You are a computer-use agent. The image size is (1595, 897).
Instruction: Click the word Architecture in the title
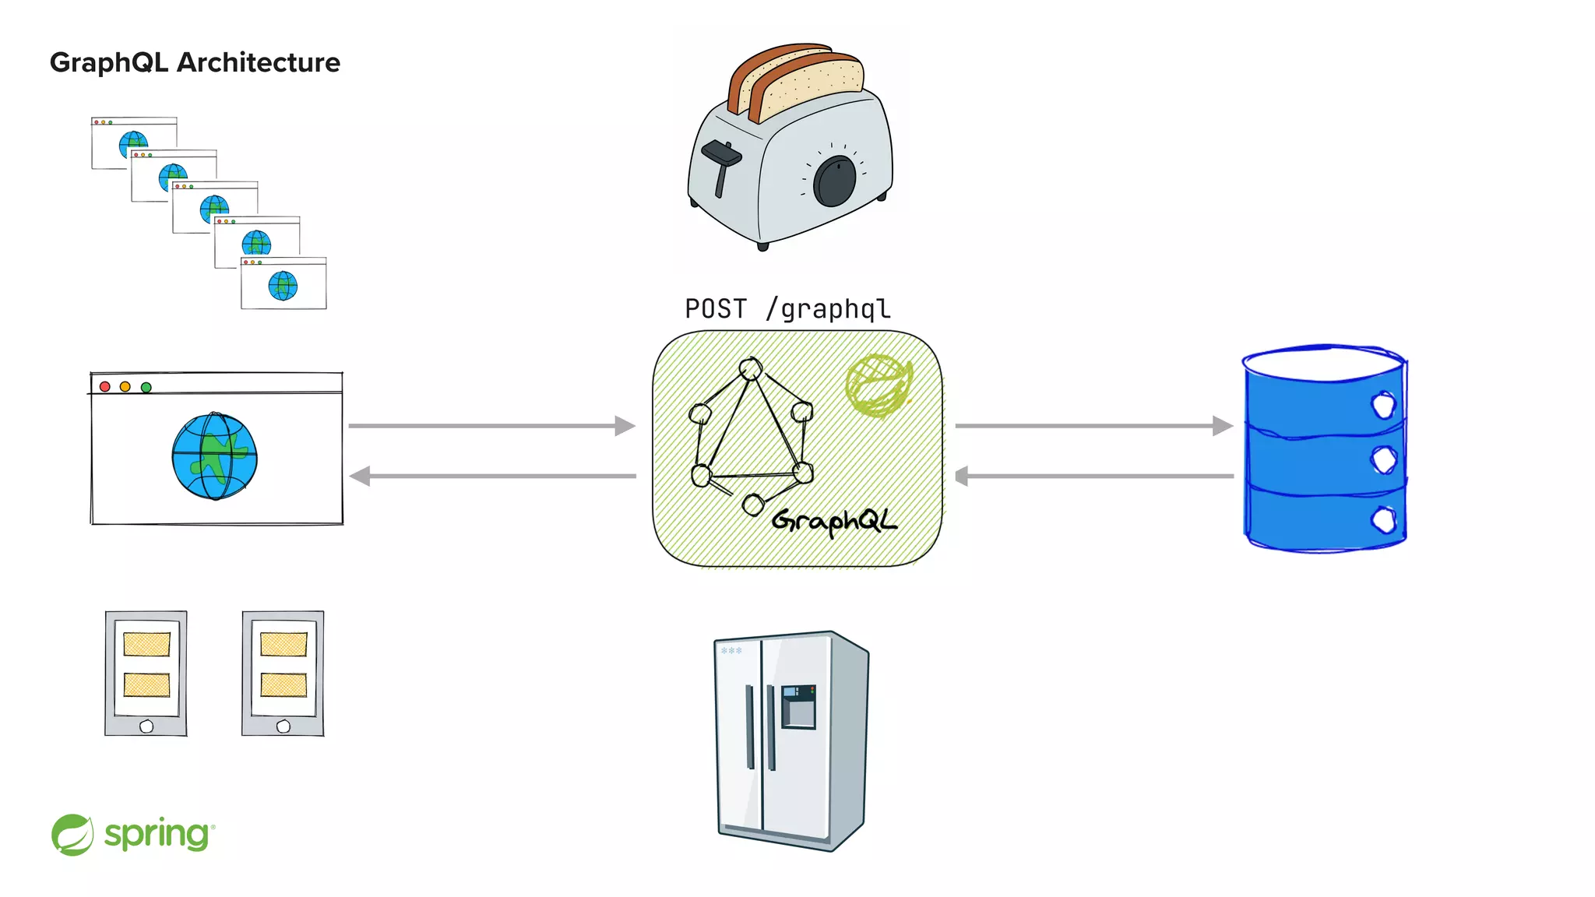[259, 62]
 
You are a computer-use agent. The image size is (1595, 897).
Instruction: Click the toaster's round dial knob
[834, 181]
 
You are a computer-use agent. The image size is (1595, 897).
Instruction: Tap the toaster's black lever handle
[721, 155]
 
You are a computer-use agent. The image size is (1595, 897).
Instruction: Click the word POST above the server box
[715, 309]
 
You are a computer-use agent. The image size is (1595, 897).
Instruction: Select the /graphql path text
[828, 309]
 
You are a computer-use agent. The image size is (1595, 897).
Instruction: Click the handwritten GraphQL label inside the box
[833, 520]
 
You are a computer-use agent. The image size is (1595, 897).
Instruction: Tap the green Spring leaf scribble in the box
[878, 385]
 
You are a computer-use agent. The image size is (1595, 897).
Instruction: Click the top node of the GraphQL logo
[751, 368]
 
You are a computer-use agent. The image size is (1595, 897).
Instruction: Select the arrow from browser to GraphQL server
[491, 426]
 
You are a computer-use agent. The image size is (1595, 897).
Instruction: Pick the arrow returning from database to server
[1093, 476]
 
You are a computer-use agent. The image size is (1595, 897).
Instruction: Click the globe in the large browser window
[214, 456]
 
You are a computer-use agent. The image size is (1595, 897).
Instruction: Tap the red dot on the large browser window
[105, 386]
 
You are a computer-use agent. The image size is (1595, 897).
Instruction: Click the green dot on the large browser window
[146, 387]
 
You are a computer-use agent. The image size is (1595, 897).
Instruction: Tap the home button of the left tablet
[146, 726]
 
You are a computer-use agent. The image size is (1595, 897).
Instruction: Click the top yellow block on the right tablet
[283, 644]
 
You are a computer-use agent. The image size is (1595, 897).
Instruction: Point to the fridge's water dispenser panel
[798, 706]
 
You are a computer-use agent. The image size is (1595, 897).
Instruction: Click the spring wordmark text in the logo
[157, 835]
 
